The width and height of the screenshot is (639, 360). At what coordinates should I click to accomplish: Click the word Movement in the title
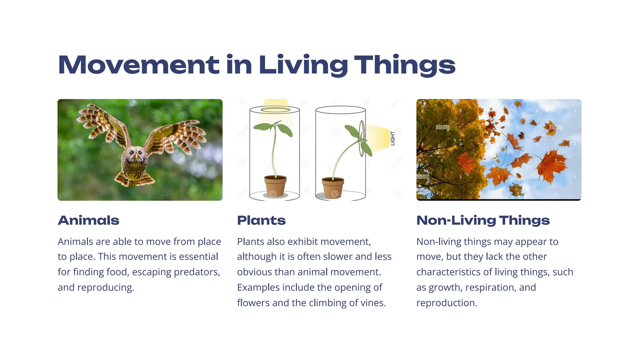139,65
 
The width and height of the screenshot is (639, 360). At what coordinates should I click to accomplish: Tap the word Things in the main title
405,65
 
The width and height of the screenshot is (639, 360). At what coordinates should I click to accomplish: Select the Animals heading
89,220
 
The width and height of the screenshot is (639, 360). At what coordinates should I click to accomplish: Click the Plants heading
261,220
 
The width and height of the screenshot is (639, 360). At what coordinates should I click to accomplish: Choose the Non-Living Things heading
483,220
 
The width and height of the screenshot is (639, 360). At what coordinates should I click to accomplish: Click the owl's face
135,155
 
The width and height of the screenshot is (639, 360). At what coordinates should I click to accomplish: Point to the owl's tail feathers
135,179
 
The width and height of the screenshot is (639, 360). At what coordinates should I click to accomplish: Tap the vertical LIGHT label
393,138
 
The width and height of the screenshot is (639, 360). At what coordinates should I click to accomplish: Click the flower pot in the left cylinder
275,186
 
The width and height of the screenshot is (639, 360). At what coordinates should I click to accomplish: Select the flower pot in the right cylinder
333,187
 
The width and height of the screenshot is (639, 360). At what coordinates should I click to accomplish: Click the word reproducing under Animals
105,287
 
